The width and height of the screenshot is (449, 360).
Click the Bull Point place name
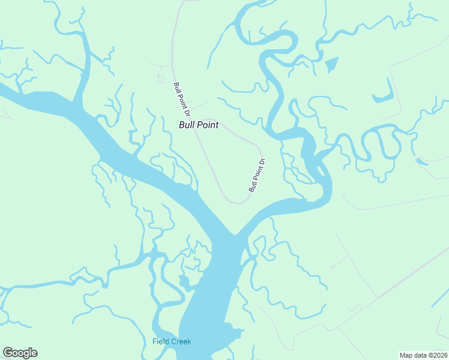click(199, 125)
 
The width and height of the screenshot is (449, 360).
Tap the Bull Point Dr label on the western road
click(182, 99)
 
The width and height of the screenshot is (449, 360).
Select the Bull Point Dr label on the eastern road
click(257, 175)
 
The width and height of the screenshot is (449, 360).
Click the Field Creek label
click(172, 341)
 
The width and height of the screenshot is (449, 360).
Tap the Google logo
click(20, 353)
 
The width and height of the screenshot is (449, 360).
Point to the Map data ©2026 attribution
click(423, 355)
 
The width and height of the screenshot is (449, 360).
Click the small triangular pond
click(331, 64)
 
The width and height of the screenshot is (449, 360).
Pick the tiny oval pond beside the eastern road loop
click(420, 161)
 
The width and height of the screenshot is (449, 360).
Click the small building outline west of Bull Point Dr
click(160, 78)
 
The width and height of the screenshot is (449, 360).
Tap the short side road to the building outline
click(162, 64)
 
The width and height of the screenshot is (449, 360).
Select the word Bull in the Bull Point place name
click(187, 125)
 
